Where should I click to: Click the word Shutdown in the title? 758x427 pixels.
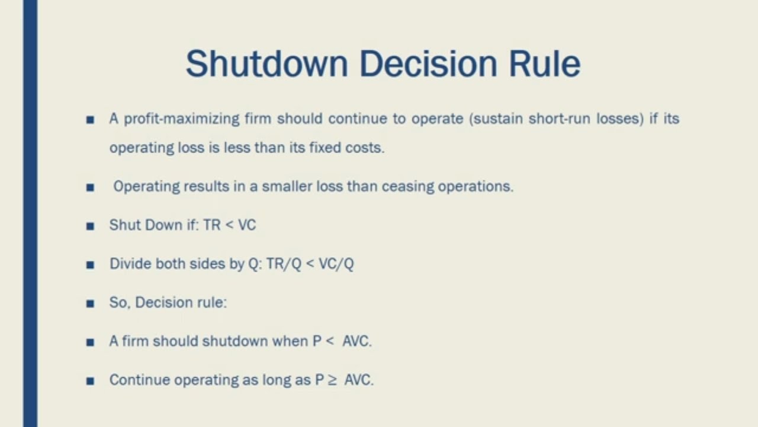click(x=266, y=63)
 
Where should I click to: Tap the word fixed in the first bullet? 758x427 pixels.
click(x=323, y=147)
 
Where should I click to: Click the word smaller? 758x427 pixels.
click(x=287, y=186)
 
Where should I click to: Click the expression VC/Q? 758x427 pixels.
click(x=336, y=264)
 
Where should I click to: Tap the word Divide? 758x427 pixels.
click(x=130, y=264)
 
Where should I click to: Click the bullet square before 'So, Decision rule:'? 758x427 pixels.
click(x=90, y=304)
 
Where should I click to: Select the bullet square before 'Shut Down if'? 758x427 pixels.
click(x=90, y=226)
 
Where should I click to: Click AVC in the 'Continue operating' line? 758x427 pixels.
click(x=358, y=380)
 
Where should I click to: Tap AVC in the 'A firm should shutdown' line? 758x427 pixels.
click(x=356, y=342)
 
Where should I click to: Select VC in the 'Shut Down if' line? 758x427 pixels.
click(x=247, y=225)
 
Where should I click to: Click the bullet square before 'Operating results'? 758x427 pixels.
click(x=90, y=187)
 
